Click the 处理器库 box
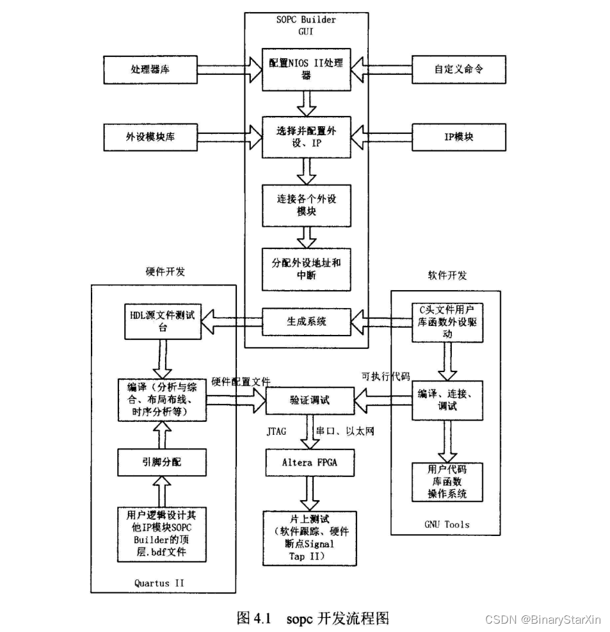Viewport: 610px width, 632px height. tap(149, 69)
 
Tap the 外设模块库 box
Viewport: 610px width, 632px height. tap(149, 137)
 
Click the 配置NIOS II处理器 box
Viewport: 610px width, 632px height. tap(307, 69)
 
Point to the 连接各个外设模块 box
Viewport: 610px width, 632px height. tap(307, 205)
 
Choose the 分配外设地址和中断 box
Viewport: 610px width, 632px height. tap(307, 269)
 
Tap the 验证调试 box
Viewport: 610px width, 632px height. tap(309, 401)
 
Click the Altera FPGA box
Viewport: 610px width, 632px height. tap(309, 462)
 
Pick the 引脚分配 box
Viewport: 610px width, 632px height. tap(162, 462)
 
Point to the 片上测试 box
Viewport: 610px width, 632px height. tap(309, 537)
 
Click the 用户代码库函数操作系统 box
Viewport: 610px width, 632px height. tap(446, 482)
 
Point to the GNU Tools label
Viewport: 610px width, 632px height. tap(446, 524)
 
